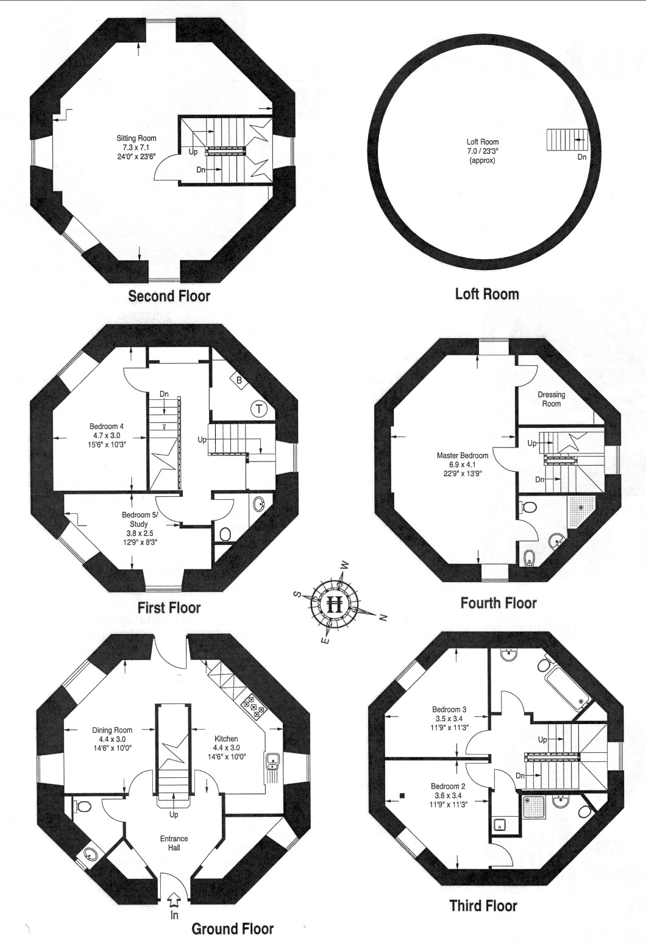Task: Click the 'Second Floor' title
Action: tap(169, 296)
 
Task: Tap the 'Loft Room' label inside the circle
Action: tap(483, 142)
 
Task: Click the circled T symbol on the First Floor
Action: tap(258, 408)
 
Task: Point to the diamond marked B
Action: tap(239, 380)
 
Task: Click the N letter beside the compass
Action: tap(383, 618)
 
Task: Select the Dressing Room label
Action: tap(552, 399)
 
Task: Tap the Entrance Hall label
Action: tap(174, 843)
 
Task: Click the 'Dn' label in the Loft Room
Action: tap(582, 157)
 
